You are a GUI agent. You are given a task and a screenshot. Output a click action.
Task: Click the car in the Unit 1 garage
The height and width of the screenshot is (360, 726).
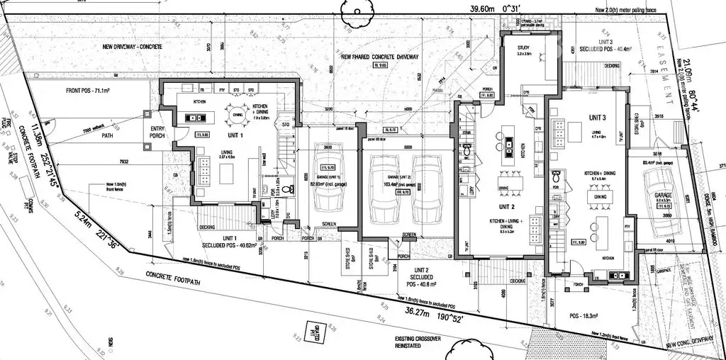328,176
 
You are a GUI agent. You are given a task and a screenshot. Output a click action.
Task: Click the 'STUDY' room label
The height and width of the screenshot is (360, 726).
524,48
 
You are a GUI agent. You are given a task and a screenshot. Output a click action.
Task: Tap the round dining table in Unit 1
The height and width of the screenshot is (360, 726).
238,114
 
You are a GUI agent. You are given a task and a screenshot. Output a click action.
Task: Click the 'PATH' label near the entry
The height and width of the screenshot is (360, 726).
107,135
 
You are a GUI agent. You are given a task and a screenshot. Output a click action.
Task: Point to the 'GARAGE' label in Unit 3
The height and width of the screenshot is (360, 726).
663,194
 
